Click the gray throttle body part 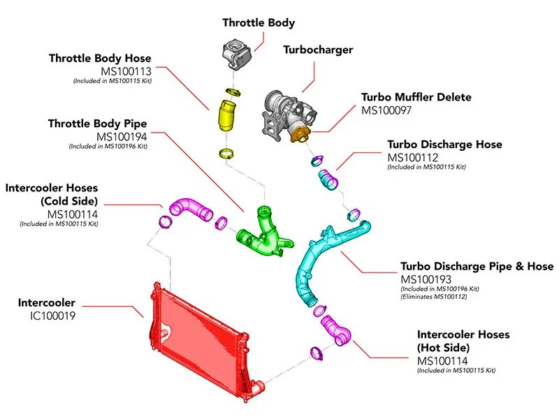[236, 54]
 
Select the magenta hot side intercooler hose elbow [336, 330]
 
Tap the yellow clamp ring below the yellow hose [226, 154]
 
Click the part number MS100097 [386, 110]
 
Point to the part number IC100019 [53, 316]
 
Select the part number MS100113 [126, 71]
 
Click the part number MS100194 [122, 136]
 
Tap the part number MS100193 [426, 279]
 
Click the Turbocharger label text [318, 50]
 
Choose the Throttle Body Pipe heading [97, 124]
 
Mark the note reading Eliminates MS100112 [434, 297]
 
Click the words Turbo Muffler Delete [416, 97]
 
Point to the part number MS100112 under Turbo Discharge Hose [413, 158]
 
